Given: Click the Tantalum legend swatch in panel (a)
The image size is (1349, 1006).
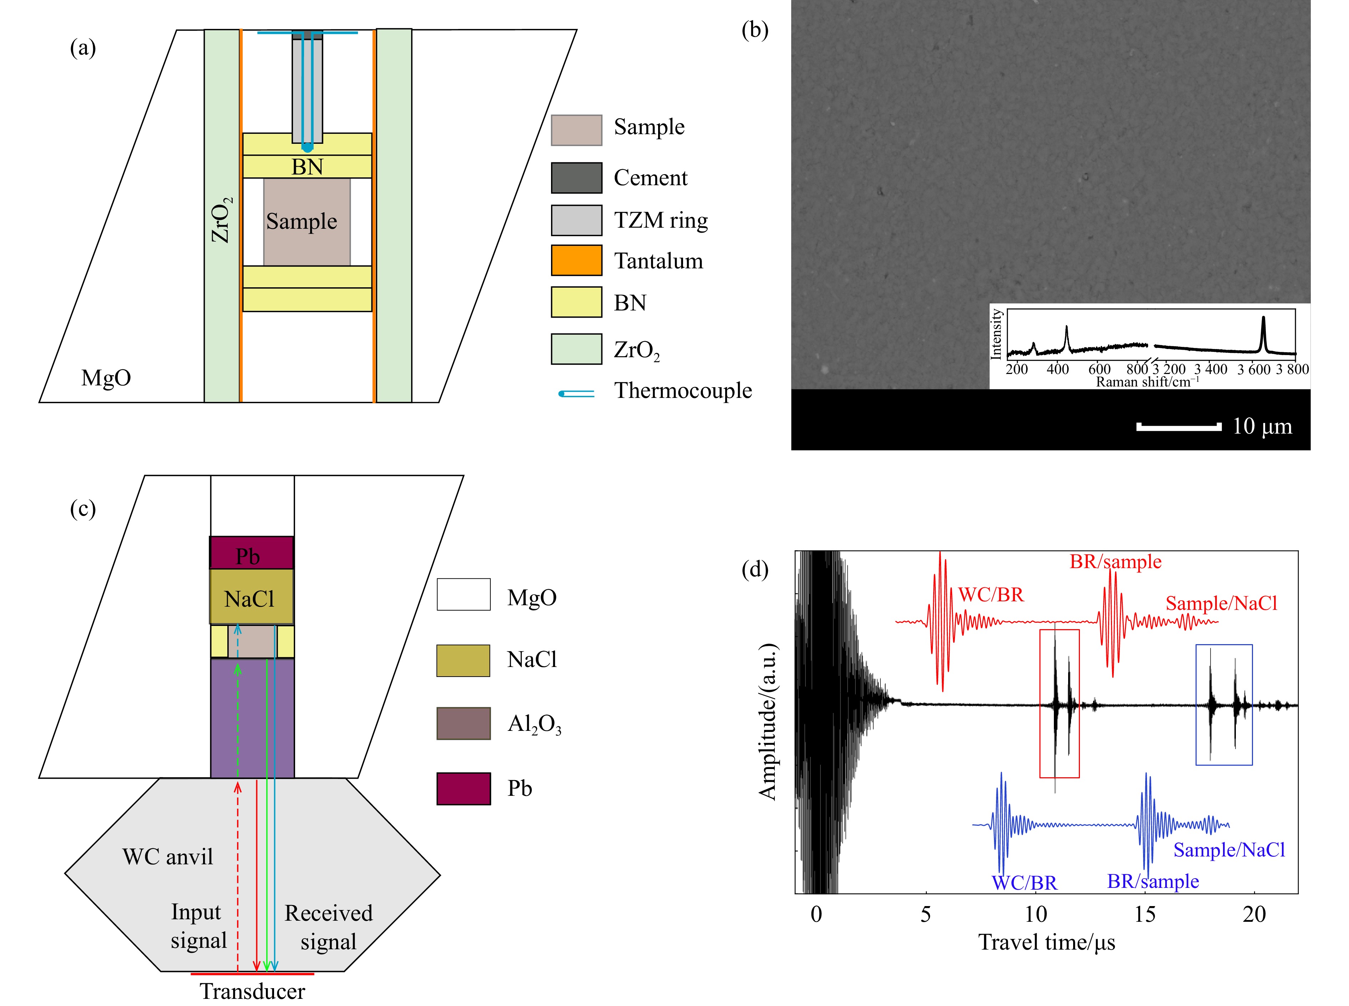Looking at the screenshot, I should click(x=576, y=260).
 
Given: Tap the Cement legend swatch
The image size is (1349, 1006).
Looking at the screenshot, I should click(x=576, y=177).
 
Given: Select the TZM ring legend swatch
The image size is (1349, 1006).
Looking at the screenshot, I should click(x=576, y=220).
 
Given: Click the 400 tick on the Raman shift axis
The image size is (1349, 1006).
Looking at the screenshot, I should click(x=1057, y=369).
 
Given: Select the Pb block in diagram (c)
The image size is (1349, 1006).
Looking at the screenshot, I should click(x=251, y=553).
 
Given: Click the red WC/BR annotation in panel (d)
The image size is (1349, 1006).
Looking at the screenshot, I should click(x=991, y=594).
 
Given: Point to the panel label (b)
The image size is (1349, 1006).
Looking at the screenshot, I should click(x=754, y=30).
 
